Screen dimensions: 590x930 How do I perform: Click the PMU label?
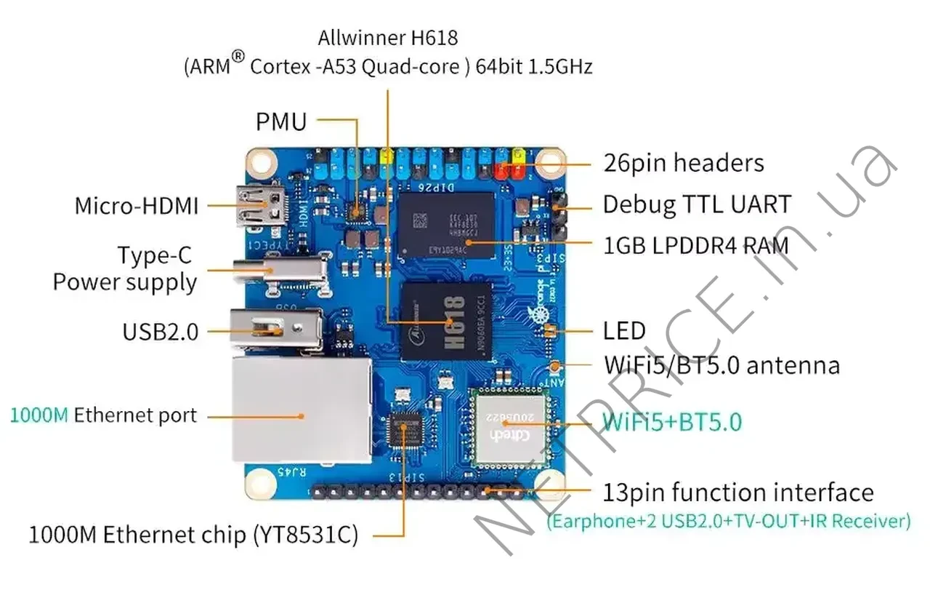[x=281, y=121]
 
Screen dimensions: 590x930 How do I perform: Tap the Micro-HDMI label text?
[x=137, y=206]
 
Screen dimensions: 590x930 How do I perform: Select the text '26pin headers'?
[x=684, y=163]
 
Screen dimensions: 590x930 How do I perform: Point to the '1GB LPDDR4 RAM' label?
[x=696, y=246]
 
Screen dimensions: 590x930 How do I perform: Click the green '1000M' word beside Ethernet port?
[x=40, y=416]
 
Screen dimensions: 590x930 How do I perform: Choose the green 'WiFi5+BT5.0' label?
[x=672, y=422]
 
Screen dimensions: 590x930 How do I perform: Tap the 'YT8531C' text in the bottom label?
[x=304, y=536]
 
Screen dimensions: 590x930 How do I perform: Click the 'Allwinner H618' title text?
[x=388, y=37]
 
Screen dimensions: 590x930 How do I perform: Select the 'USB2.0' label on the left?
[x=160, y=332]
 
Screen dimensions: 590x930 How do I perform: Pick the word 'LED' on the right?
[x=624, y=331]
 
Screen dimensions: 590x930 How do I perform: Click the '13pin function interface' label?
[x=738, y=493]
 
